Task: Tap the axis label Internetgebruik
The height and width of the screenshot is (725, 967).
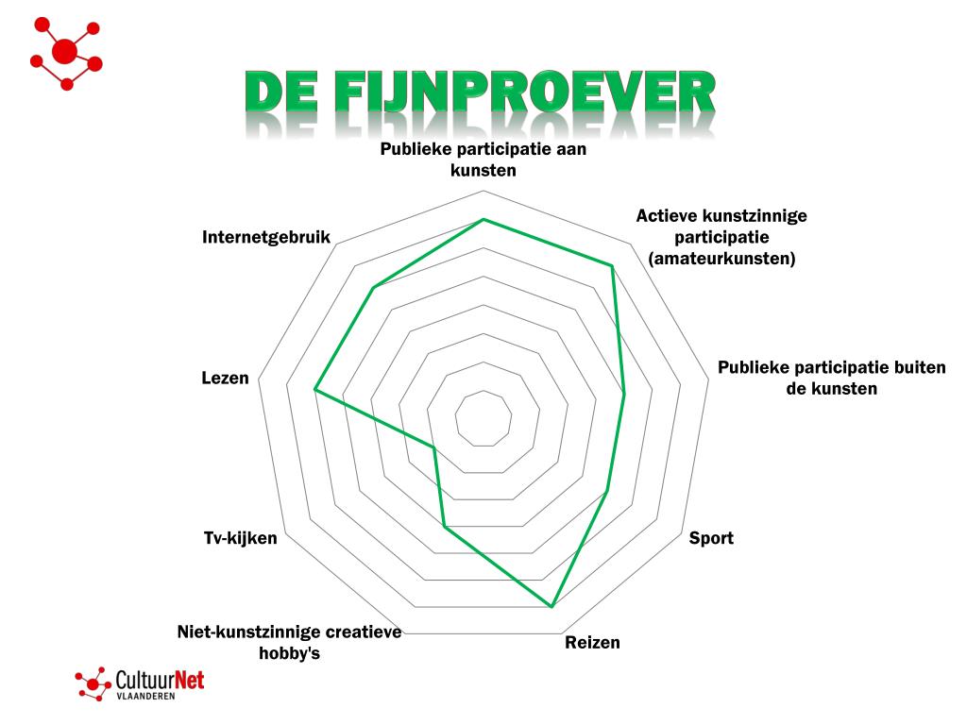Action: [266, 237]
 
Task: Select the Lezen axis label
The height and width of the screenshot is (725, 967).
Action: [225, 378]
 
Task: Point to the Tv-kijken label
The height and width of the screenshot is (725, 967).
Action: [241, 538]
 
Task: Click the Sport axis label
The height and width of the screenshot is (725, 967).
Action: [711, 538]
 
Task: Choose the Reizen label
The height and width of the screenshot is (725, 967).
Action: [593, 643]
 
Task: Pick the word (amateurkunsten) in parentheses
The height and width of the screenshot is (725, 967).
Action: [721, 258]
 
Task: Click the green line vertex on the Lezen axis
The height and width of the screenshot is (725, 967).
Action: [315, 389]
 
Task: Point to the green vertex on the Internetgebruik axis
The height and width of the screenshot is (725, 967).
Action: [374, 287]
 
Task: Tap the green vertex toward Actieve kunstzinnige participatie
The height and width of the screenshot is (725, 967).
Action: [612, 266]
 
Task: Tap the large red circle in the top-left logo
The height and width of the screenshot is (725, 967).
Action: [64, 51]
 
